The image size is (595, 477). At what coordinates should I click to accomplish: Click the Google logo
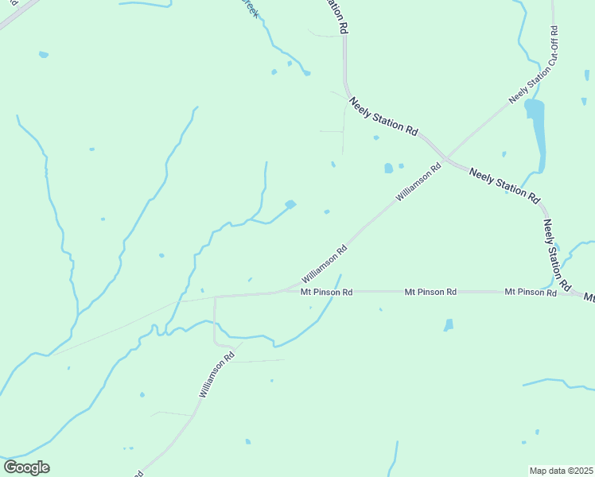[26, 467]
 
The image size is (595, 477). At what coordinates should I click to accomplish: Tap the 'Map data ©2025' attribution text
[562, 471]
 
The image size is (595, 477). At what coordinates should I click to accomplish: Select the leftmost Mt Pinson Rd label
[326, 293]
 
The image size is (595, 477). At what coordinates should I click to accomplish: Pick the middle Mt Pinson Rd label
[430, 293]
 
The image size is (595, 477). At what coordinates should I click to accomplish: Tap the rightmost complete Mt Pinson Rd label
[530, 293]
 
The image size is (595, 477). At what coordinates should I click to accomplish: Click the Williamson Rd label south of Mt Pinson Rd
[216, 375]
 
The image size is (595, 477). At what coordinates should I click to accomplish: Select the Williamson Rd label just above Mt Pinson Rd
[325, 265]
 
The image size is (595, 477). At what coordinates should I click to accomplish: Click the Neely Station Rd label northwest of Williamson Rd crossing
[383, 116]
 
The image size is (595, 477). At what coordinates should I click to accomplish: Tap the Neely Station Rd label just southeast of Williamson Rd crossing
[504, 184]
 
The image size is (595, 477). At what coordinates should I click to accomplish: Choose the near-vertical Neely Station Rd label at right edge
[557, 255]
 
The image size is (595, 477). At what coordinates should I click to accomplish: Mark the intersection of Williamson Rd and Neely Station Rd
[446, 157]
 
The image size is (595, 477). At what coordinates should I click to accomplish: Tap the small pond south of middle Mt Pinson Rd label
[449, 324]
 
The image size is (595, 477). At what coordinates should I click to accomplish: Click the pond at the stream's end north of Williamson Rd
[290, 204]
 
